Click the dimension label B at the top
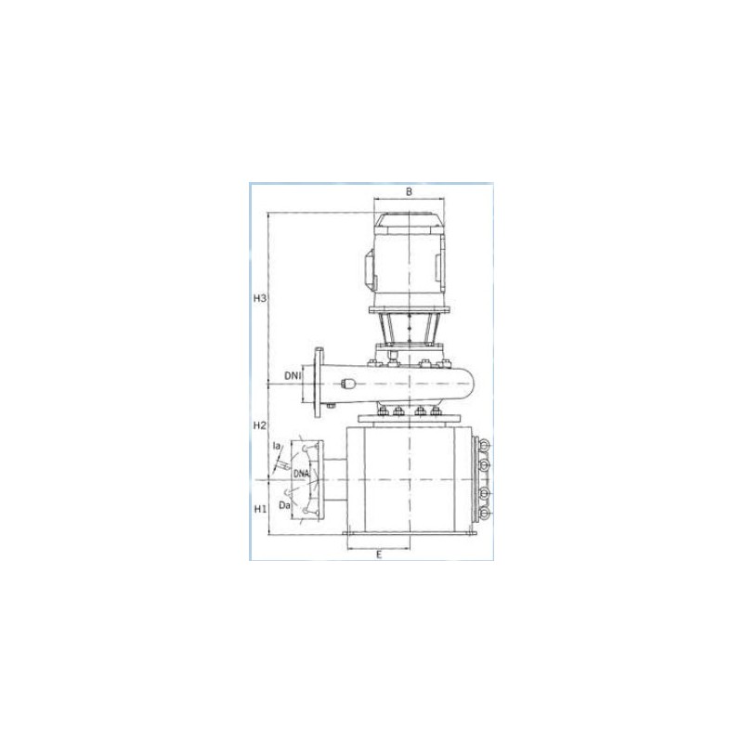coord(409,191)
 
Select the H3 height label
coord(261,298)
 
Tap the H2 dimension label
coord(260,425)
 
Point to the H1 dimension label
coord(260,509)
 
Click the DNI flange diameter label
coord(293,376)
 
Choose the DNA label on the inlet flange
coord(301,473)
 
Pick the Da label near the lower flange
coord(284,505)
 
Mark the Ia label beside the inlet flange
coord(277,446)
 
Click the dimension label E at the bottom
coord(379,554)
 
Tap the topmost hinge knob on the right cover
coord(484,445)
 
